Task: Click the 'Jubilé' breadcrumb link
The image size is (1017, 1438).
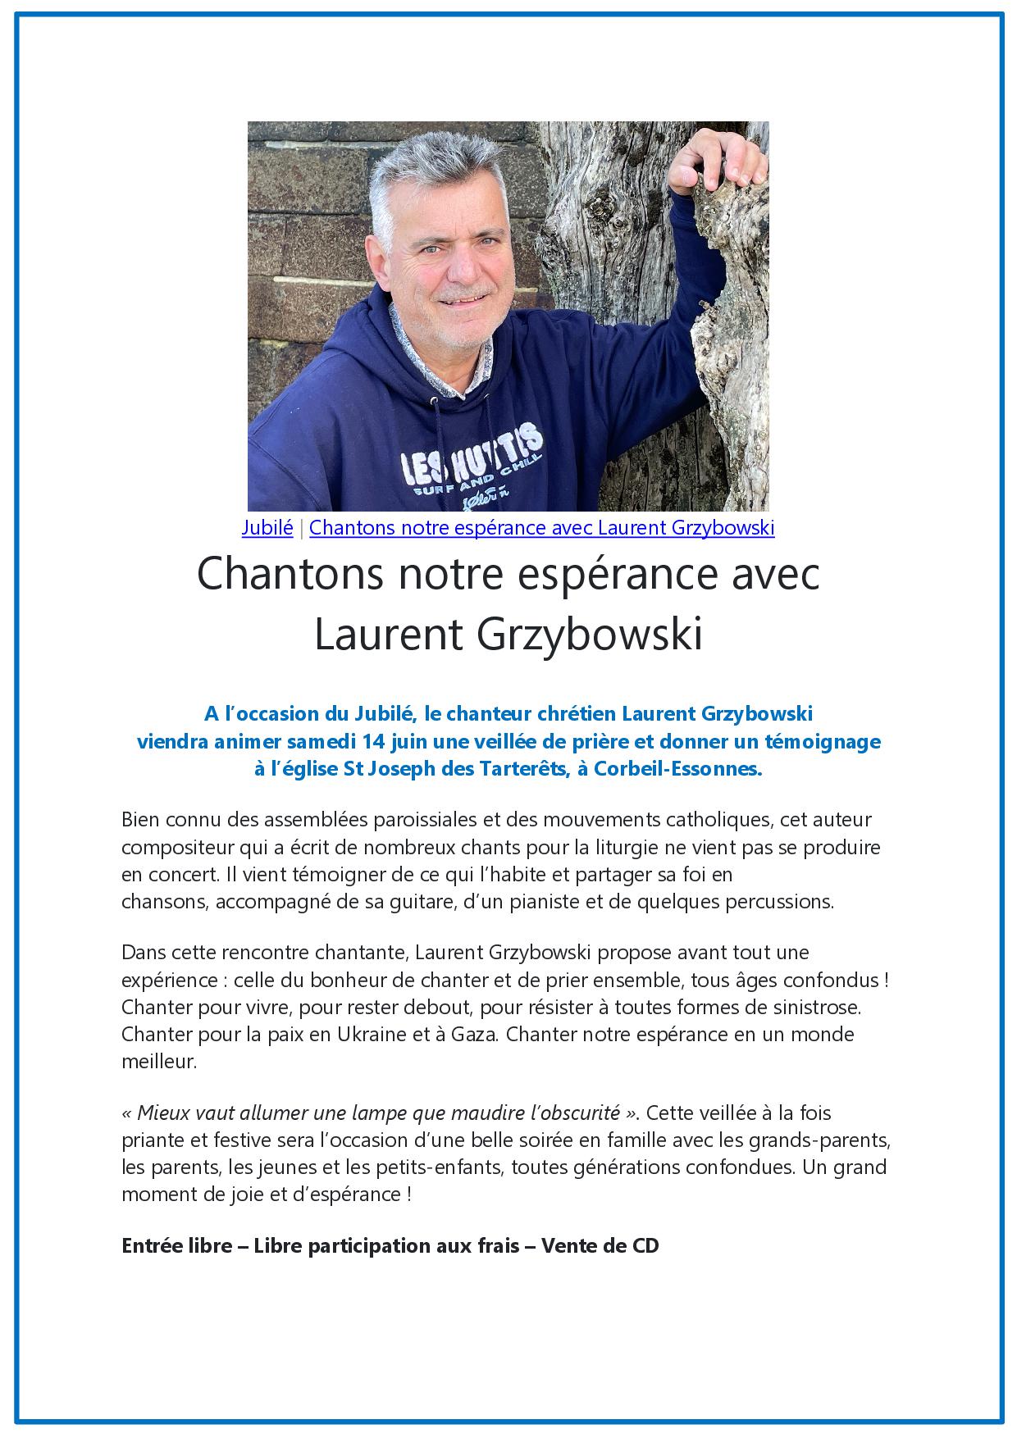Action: point(267,528)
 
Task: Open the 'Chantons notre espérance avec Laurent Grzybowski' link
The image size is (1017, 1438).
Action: point(541,528)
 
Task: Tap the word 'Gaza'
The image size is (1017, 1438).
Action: point(474,1035)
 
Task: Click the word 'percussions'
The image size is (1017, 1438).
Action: point(783,903)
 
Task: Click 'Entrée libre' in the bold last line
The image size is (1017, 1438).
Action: point(174,1246)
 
